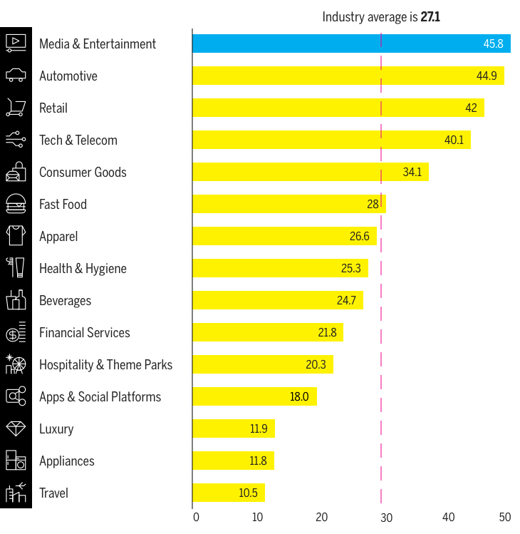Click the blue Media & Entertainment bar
[350, 43]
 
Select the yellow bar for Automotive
[348, 76]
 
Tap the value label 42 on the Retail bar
[471, 108]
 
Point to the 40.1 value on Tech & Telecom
[454, 140]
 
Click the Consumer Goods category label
[83, 172]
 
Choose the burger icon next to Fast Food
[16, 204]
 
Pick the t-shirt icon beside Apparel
[16, 236]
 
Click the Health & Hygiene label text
[83, 268]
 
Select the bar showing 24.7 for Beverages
[277, 300]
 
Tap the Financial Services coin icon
[16, 332]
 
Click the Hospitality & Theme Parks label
[105, 364]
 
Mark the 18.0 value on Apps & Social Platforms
[299, 396]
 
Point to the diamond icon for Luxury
[16, 428]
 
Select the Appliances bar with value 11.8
[233, 461]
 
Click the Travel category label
[53, 493]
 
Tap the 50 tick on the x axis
[505, 517]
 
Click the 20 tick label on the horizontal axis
[322, 517]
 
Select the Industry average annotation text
[380, 16]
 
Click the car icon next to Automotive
[16, 76]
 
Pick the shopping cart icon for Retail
[16, 108]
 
